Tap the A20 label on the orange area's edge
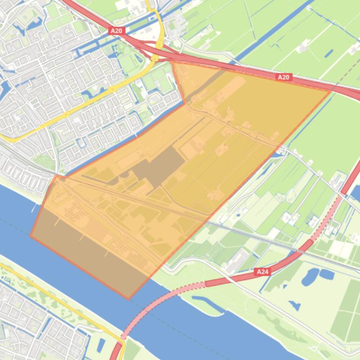(x=284, y=77)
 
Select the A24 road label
(x=263, y=271)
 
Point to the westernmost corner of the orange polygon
(x=31, y=236)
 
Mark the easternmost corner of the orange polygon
(x=331, y=91)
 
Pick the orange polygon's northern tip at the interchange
(x=173, y=61)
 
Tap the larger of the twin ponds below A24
(x=310, y=277)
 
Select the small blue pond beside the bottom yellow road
(x=101, y=345)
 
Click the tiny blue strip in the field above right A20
(x=329, y=53)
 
